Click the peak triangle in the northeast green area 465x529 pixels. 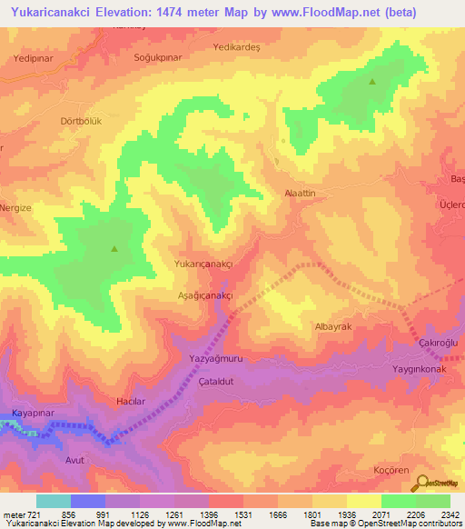pos(372,82)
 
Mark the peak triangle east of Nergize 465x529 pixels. pos(114,248)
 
